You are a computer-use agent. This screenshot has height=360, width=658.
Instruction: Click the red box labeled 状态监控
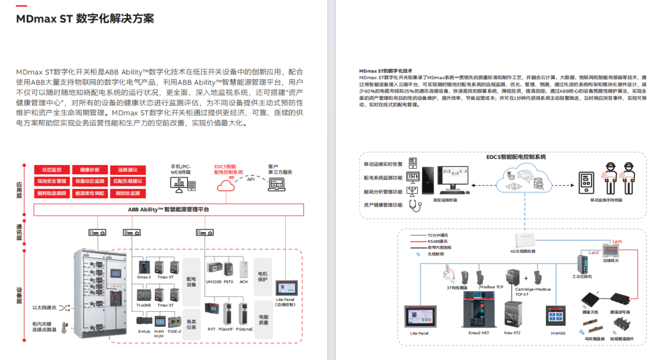tap(52, 169)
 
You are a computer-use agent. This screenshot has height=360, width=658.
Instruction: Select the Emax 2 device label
tap(144, 277)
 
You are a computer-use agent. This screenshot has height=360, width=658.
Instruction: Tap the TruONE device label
tap(144, 305)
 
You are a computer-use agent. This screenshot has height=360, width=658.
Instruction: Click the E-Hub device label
tap(144, 333)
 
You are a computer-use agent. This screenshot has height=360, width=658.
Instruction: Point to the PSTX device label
tap(228, 281)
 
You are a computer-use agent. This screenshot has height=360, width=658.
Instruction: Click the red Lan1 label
tap(617, 242)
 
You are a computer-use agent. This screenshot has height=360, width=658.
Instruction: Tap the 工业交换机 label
tap(581, 276)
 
